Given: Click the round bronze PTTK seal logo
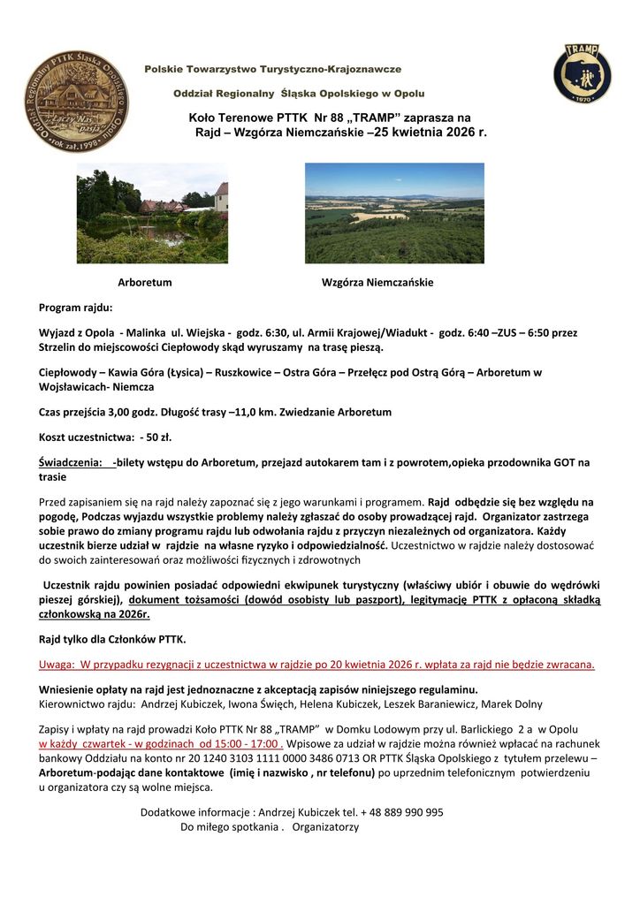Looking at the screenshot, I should coord(76,102).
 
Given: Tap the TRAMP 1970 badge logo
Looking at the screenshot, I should coord(582,73).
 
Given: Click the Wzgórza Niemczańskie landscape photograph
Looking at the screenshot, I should coord(394,213).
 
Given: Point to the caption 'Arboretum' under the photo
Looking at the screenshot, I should coord(145,283).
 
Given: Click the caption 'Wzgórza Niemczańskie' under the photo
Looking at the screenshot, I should coord(377,283).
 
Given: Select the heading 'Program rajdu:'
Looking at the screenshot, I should coord(75,308).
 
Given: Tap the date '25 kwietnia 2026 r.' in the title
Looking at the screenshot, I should coord(430,132).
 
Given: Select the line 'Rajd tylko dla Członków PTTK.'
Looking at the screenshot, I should coord(112,639).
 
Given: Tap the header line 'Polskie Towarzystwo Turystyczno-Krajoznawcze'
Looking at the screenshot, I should coord(273,68).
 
